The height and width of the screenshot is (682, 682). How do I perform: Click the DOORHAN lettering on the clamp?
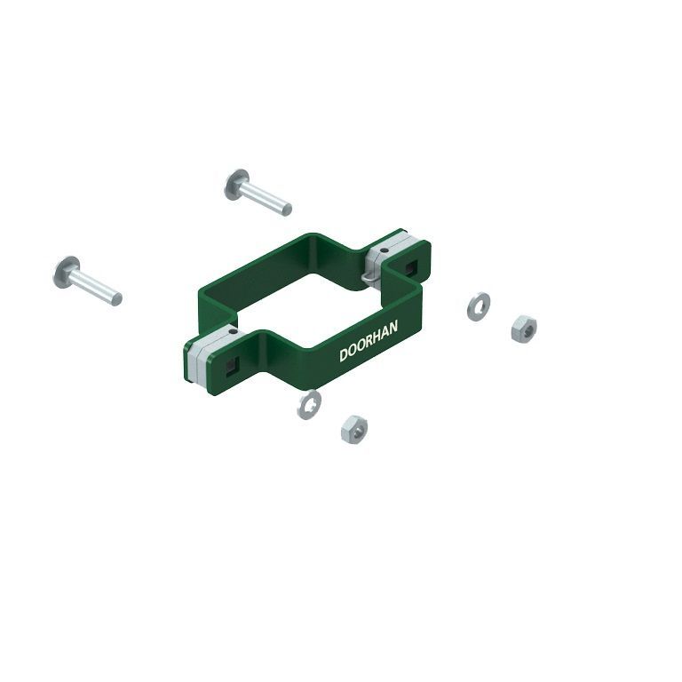pyautogui.click(x=369, y=341)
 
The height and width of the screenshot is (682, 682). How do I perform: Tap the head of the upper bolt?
pyautogui.click(x=236, y=184)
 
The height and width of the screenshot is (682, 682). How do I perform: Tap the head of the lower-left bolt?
pyautogui.click(x=66, y=272)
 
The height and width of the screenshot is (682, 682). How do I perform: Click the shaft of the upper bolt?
pyautogui.click(x=266, y=199)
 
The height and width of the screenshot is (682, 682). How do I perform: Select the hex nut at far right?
pyautogui.click(x=524, y=329)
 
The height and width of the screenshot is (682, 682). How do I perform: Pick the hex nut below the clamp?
pyautogui.click(x=354, y=429)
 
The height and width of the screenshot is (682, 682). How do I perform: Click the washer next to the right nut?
pyautogui.click(x=479, y=306)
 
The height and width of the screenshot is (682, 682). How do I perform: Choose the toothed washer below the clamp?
pyautogui.click(x=309, y=405)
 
